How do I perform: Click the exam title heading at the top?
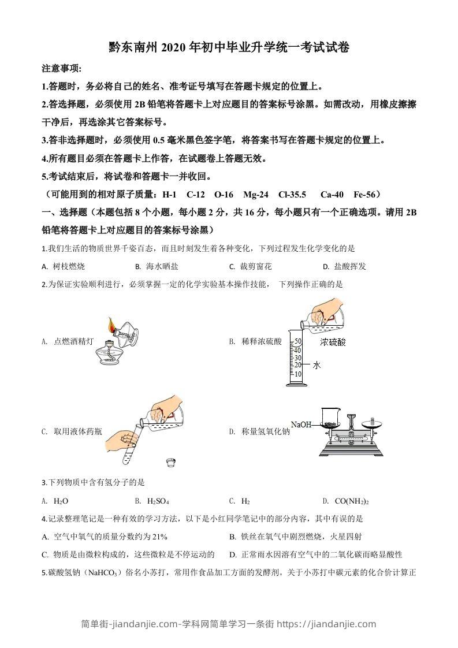tap(229, 47)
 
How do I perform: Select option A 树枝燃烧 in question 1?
tap(64, 266)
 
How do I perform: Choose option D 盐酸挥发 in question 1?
tap(345, 266)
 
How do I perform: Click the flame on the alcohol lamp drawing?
tap(111, 324)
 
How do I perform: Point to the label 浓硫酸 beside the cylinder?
tap(333, 342)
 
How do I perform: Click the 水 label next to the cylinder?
tap(316, 365)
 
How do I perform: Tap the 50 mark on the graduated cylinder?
tap(298, 341)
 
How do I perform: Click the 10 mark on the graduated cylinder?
tap(298, 374)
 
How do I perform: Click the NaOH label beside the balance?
tap(301, 424)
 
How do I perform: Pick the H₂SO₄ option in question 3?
tap(152, 501)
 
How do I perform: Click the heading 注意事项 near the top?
tap(62, 69)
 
